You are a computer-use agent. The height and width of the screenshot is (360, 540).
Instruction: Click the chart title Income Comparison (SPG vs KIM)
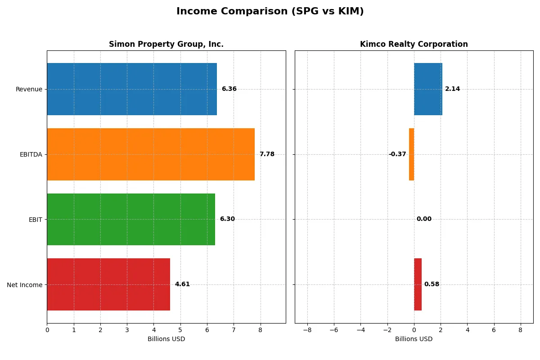point(270,12)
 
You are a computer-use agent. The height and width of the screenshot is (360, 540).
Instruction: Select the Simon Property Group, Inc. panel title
point(166,44)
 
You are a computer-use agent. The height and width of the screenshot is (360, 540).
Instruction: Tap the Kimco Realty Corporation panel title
point(414,44)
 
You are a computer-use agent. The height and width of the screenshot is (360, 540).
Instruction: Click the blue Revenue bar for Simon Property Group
point(132,89)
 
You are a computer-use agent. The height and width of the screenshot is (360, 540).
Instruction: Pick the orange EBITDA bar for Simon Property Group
point(151,154)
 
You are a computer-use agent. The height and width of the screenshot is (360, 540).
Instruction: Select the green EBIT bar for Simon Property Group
point(131,219)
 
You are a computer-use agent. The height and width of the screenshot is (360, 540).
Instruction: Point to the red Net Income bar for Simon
point(108,284)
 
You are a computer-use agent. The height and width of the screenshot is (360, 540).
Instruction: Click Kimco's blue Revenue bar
point(428,89)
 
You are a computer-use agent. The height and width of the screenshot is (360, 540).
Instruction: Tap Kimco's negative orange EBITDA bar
point(411,154)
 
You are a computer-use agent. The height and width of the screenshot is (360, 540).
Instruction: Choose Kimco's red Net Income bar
point(418,284)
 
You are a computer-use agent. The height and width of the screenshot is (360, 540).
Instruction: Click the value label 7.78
point(267,154)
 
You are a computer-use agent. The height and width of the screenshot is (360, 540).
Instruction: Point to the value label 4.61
point(182,284)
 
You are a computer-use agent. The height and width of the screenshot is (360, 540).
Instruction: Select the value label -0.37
point(397,154)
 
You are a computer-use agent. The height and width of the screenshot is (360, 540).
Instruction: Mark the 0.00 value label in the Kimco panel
point(424,219)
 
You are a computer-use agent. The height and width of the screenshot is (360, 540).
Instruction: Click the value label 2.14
point(452,89)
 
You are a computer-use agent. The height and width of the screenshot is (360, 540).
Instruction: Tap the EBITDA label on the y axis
point(31,154)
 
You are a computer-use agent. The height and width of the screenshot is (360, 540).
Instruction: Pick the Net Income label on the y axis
point(25,284)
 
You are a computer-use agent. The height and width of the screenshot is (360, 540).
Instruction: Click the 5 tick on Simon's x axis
point(180,330)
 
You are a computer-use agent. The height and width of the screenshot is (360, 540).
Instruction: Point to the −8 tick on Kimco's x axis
point(307,330)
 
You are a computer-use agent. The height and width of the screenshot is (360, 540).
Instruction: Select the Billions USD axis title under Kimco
point(414,339)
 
